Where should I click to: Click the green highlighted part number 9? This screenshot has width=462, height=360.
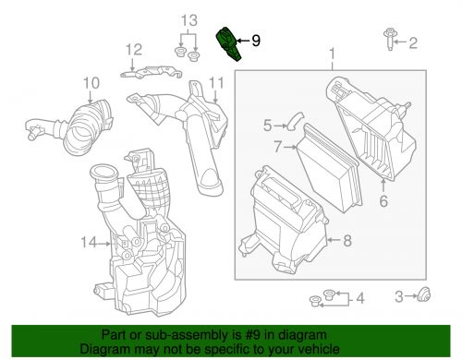click(227, 44)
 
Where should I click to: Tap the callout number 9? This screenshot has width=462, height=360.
click(256, 41)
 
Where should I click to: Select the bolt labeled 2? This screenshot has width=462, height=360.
click(389, 39)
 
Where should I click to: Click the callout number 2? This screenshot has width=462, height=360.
click(413, 43)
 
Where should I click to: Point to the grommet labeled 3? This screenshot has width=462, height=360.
click(424, 294)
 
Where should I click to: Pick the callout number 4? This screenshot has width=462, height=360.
click(360, 298)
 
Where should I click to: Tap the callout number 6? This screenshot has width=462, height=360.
click(383, 201)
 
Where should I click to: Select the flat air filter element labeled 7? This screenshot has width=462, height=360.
click(330, 168)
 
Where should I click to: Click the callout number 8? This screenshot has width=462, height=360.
click(347, 240)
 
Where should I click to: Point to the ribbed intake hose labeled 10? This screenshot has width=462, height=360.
click(71, 127)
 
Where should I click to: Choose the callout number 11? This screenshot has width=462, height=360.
click(216, 83)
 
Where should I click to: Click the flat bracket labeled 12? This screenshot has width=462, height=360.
click(151, 73)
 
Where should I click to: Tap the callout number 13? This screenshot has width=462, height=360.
click(188, 20)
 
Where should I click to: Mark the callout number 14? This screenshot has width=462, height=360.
click(89, 243)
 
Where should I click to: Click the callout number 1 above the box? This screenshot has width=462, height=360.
click(332, 54)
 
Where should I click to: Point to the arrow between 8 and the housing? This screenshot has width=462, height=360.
click(334, 240)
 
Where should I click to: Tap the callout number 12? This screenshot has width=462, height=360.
click(134, 50)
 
